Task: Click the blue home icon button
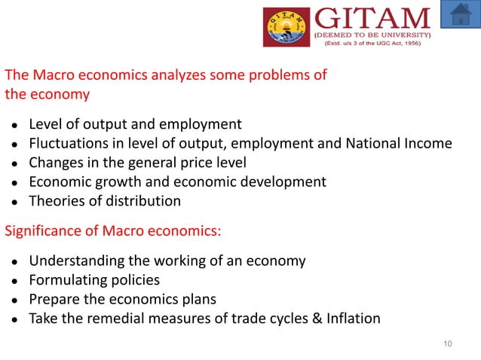click(460, 14)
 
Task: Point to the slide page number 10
click(448, 344)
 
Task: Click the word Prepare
click(54, 299)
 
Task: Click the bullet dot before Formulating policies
click(14, 281)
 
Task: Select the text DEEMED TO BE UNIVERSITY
click(372, 35)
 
